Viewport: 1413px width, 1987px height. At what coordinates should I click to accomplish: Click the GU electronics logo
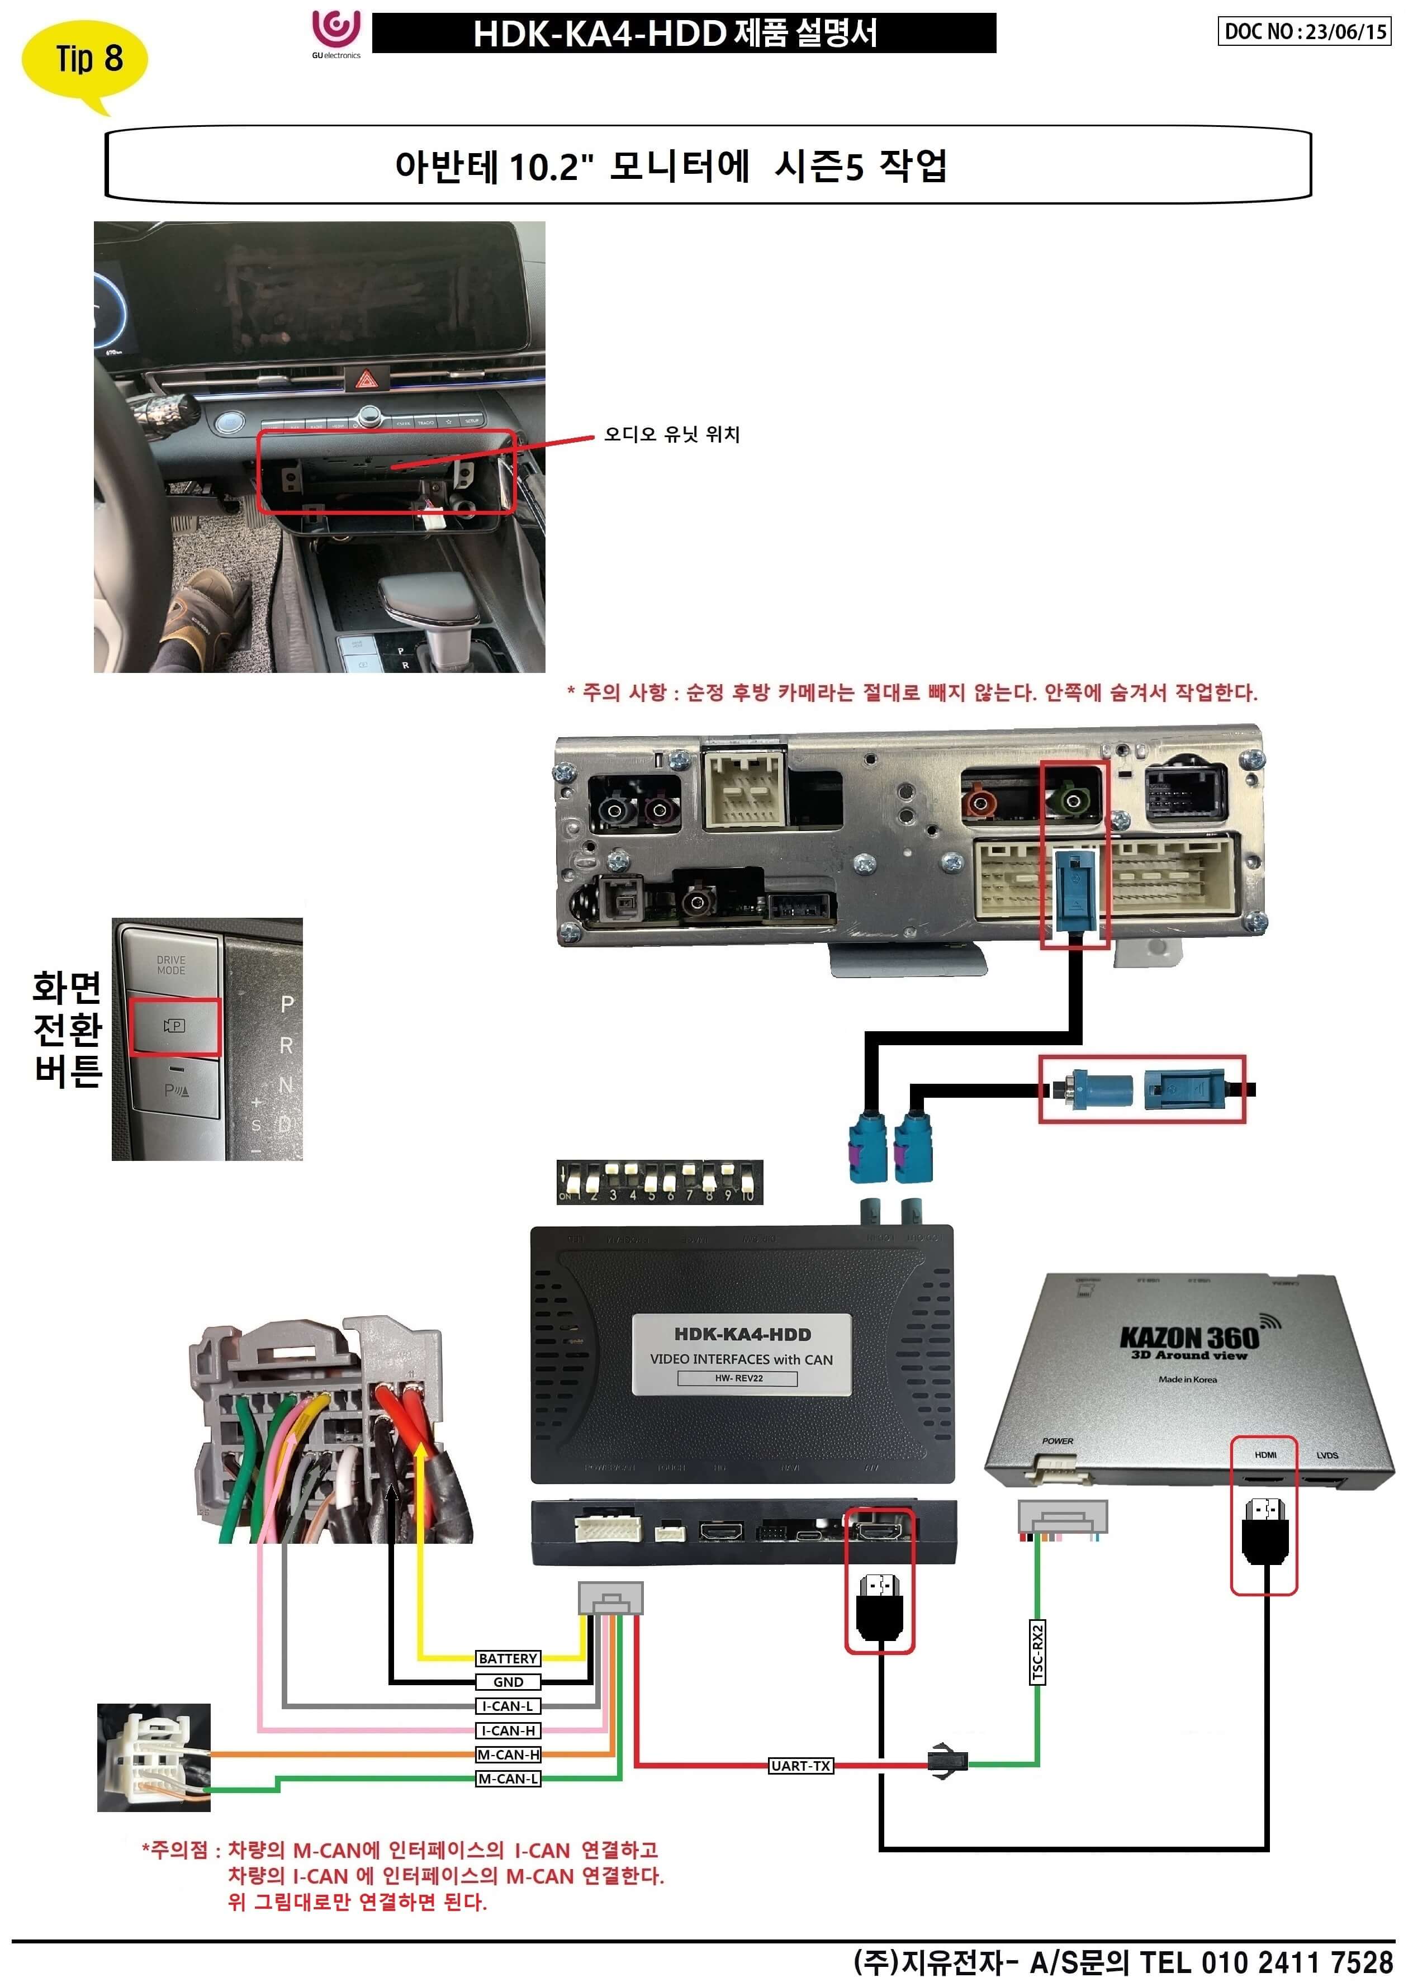click(336, 32)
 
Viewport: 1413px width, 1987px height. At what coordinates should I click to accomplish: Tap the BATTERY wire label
click(508, 1658)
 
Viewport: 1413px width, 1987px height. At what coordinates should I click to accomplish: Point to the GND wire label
click(508, 1682)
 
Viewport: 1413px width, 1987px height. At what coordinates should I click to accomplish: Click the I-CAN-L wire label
click(508, 1706)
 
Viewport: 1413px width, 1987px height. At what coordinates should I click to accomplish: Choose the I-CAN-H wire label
click(508, 1730)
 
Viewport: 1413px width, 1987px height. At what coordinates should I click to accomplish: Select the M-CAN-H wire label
click(508, 1754)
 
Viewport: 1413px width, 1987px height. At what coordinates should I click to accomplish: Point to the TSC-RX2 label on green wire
click(1037, 1652)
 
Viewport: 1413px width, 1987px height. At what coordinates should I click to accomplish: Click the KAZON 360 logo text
click(1188, 1337)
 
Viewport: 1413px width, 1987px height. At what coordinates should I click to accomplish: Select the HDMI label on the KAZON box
click(1265, 1454)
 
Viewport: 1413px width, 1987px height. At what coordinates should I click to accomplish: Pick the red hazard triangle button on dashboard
click(364, 380)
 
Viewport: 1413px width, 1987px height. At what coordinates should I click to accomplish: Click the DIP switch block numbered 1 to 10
click(660, 1182)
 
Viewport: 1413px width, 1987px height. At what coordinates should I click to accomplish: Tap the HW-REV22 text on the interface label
click(739, 1378)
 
